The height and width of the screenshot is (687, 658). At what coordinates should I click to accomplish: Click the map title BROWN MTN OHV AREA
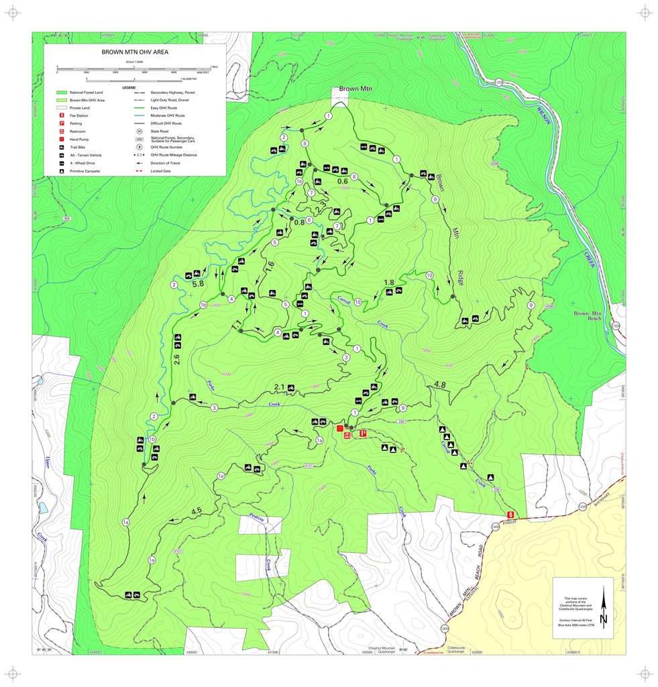[135, 52]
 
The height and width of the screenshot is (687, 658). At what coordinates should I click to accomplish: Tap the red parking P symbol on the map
[363, 433]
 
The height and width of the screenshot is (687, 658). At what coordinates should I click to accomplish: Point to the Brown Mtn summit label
[355, 89]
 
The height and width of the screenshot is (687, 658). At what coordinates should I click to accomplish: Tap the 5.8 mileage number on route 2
[198, 284]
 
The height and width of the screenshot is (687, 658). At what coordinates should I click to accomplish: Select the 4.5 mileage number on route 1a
[197, 511]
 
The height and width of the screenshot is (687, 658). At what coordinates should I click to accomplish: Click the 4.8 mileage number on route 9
[440, 384]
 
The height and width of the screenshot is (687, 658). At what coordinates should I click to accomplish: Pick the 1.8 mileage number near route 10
[388, 282]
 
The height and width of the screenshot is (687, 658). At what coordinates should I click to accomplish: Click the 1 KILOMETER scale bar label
[183, 78]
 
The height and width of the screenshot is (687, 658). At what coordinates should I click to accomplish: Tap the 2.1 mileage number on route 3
[280, 387]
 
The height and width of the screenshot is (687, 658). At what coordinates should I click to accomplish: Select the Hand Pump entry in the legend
[80, 139]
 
